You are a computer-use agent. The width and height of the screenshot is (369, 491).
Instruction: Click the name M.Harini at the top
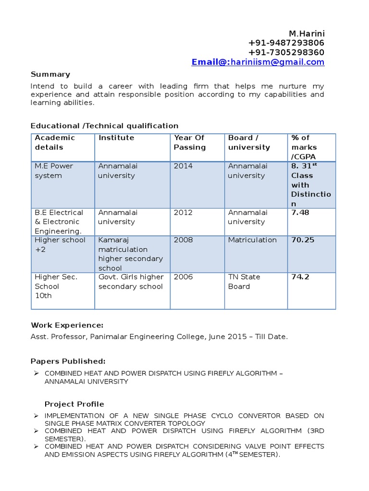pos(307,34)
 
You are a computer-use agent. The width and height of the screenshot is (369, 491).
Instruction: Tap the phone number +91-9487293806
pos(286,43)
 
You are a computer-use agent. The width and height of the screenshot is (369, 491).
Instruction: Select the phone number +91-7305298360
pos(286,52)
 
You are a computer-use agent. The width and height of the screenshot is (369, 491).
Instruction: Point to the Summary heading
pos(50,74)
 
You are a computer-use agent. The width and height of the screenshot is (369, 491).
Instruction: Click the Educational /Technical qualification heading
pos(104,126)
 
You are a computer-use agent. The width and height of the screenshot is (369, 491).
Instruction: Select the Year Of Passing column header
pos(190,142)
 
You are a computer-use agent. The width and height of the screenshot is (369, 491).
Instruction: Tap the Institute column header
pos(116,138)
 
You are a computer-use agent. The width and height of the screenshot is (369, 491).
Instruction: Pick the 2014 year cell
pos(183,166)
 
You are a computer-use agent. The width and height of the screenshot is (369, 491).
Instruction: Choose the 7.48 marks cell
pos(300,212)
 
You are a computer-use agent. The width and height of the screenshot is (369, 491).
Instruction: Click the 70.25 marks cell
pos(303,240)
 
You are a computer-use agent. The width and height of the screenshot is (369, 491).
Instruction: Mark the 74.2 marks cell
pos(300,277)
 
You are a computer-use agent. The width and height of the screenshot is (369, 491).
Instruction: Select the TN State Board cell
pos(244,281)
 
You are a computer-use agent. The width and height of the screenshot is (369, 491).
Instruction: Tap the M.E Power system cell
pos(53,171)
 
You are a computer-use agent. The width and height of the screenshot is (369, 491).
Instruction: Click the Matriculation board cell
pos(252,240)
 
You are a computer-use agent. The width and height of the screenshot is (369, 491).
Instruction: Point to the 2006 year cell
pos(183,277)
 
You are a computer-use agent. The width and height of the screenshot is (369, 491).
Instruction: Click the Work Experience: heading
pos(67,326)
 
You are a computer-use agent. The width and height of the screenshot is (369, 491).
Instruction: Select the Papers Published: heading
pos(68,361)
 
